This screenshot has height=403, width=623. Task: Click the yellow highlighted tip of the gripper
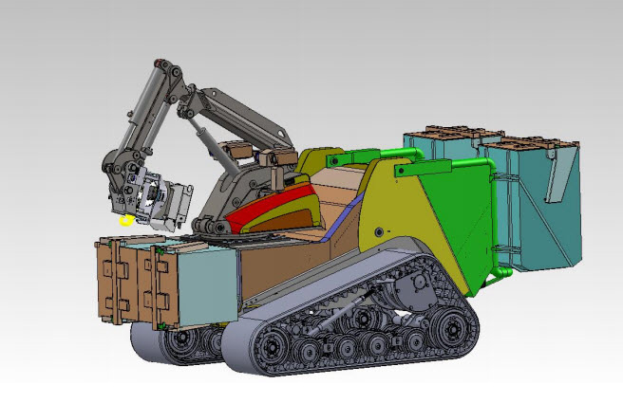click(x=126, y=220)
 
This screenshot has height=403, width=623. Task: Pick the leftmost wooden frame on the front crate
click(x=113, y=284)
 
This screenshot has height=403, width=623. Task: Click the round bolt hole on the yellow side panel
click(x=378, y=230)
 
